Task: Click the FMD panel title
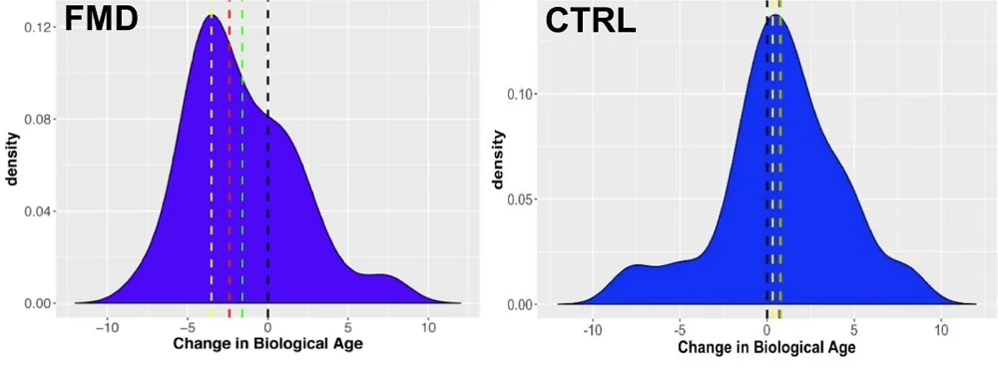point(101,20)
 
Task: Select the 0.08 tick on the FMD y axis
point(40,119)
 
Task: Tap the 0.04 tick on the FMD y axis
point(40,211)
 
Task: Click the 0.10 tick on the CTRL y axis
point(522,94)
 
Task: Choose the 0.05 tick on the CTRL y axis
point(522,199)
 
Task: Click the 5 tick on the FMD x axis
point(347,326)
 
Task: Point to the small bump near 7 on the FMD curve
point(381,274)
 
